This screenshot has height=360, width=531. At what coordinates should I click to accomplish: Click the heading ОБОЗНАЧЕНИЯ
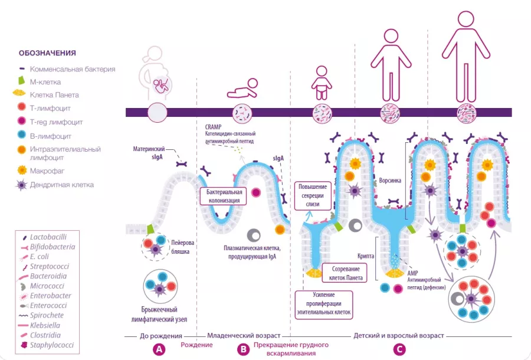point(47,53)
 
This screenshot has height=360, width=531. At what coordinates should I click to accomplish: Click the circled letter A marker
point(158,349)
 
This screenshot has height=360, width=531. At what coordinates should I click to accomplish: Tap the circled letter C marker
point(400,349)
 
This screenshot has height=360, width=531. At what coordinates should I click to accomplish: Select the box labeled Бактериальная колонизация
point(224,197)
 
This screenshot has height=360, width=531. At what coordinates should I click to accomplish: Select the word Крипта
point(366,258)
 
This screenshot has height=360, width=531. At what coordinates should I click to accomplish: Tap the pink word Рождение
point(197,345)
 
